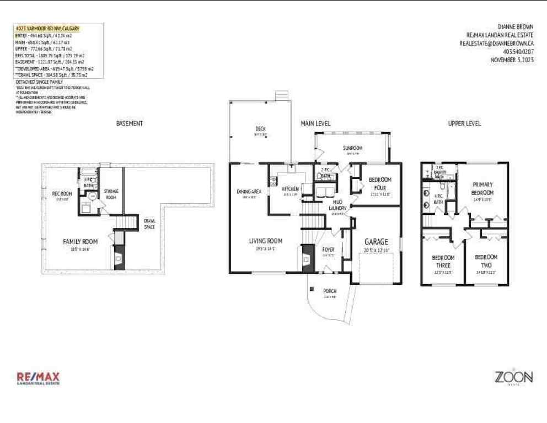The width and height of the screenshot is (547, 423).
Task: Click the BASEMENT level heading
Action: coord(130,123)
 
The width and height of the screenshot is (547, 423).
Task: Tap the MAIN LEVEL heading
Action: coord(315,123)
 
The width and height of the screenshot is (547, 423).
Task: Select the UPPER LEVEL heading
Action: coord(464,123)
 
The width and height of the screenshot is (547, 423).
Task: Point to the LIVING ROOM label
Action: coord(265,241)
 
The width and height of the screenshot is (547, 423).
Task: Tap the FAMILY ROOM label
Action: coord(80,241)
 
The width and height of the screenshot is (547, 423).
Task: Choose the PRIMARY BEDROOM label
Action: coord(482,188)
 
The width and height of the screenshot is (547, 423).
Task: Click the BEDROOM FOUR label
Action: coord(379,183)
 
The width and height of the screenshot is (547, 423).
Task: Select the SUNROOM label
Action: coord(352,148)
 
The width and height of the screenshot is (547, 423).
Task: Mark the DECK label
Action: coord(260,129)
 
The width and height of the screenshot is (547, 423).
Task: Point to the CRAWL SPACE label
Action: coord(149,224)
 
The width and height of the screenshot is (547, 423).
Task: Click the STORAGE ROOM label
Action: coord(112,194)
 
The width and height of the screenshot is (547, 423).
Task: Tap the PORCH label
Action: coord(330,291)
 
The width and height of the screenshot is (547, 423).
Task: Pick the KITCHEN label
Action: coord(290,189)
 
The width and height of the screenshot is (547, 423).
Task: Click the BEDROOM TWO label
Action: coord(486,261)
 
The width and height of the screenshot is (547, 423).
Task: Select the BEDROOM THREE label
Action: coord(443,261)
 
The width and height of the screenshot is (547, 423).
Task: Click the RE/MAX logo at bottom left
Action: coord(38,378)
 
